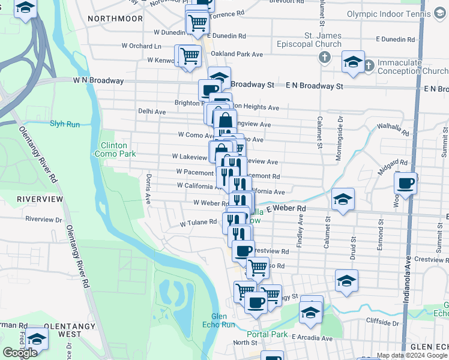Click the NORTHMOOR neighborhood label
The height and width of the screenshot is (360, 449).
(x=115, y=19)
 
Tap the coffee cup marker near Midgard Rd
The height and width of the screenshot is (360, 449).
(x=405, y=183)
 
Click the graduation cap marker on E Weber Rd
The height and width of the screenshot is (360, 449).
(x=343, y=199)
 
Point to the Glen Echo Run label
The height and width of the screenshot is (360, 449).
(x=223, y=320)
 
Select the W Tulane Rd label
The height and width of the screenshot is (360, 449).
(x=198, y=222)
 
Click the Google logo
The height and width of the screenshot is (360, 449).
(x=20, y=353)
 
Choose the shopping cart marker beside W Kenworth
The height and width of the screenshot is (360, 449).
(x=189, y=56)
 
